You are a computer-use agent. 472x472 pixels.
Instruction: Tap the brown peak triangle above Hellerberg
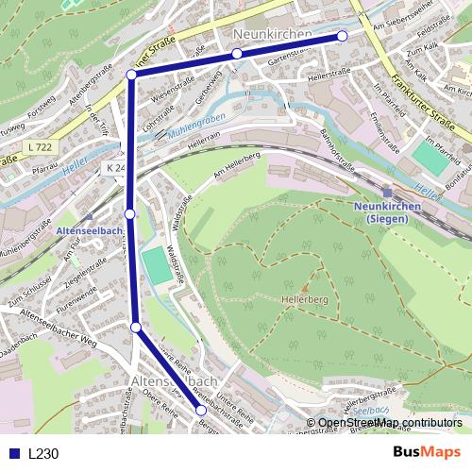tap(304, 285)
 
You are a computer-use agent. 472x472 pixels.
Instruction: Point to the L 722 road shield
tap(41, 147)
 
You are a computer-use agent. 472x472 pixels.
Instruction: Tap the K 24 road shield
tap(113, 166)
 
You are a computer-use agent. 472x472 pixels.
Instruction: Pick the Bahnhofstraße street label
tap(336, 143)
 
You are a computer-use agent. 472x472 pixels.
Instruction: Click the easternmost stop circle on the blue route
tap(342, 36)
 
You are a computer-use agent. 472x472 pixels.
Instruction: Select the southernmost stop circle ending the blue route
tap(201, 411)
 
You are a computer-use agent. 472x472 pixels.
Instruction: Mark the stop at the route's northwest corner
tap(131, 74)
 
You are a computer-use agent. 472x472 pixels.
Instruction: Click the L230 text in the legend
tap(43, 453)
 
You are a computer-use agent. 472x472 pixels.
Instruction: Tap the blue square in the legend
tap(15, 453)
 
